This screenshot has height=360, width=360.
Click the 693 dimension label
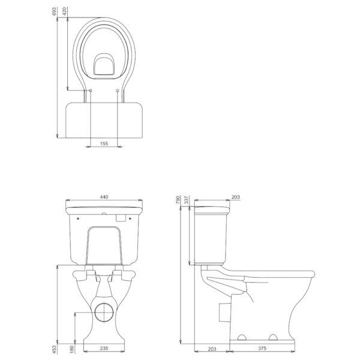54,11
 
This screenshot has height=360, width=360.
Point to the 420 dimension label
65,11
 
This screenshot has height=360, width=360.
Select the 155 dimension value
104,143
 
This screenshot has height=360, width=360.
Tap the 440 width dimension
104,197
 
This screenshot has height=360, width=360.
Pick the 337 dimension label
187,200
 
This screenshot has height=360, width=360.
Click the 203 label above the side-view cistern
236,197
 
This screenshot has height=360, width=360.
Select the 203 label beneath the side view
212,349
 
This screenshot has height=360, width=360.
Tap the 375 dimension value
262,349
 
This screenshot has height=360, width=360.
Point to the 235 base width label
104,349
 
